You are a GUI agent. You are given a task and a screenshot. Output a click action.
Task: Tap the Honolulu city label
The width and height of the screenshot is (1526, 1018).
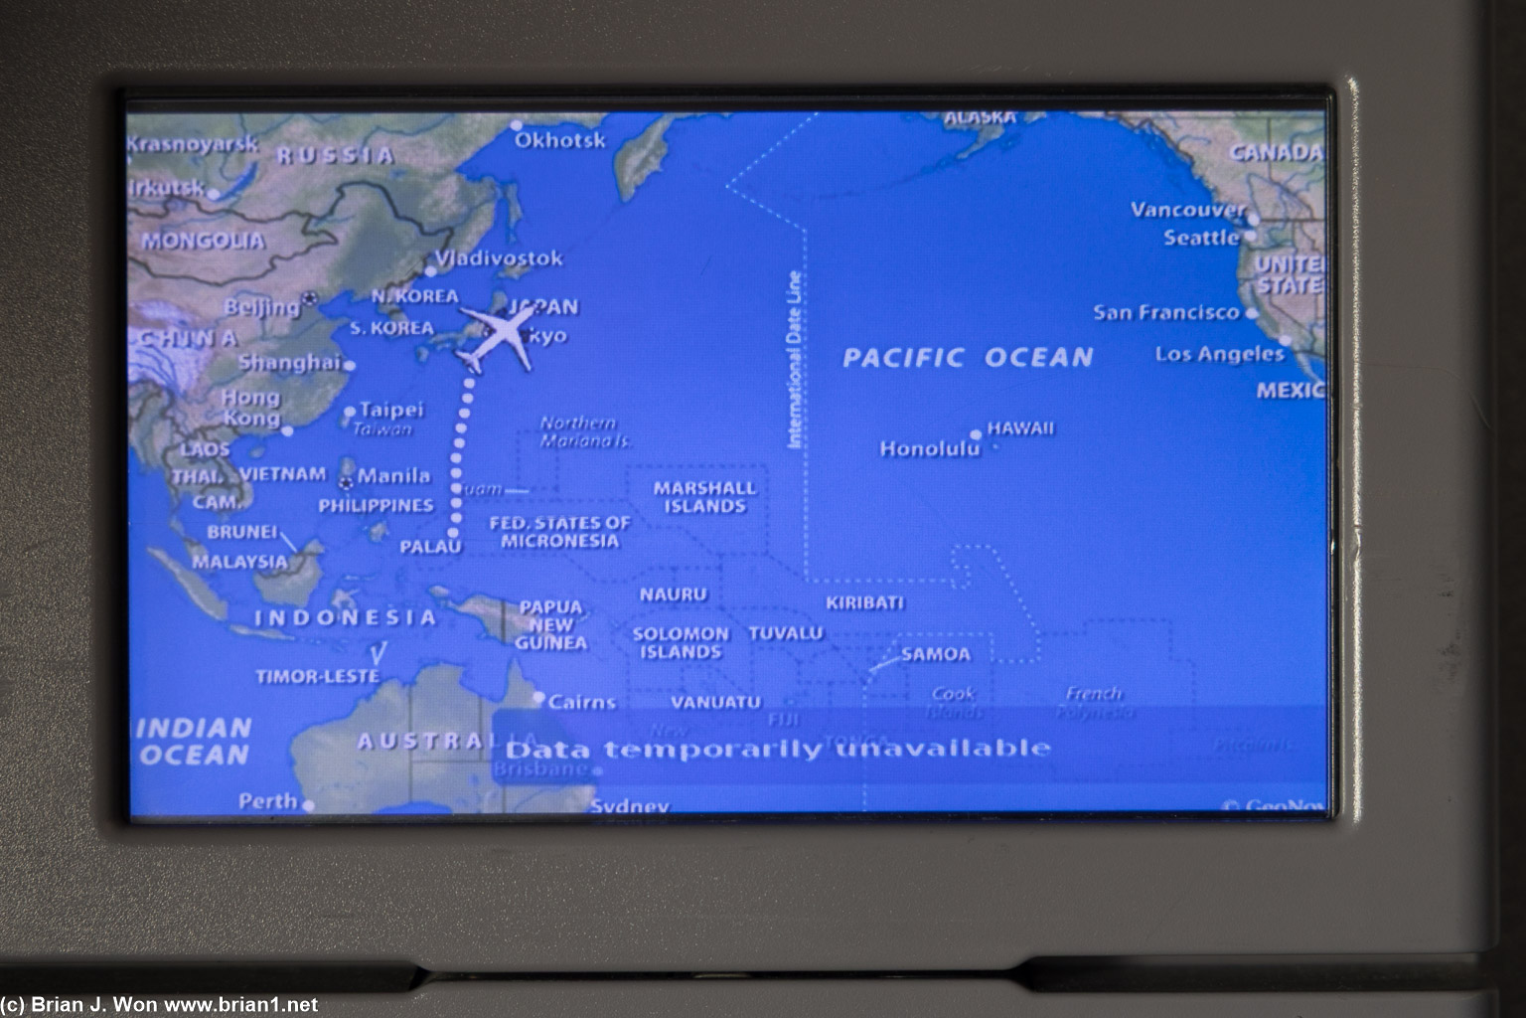(929, 449)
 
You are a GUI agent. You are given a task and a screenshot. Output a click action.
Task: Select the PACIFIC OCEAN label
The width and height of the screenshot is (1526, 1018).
(968, 357)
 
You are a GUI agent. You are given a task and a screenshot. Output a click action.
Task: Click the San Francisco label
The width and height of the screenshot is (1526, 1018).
(1166, 312)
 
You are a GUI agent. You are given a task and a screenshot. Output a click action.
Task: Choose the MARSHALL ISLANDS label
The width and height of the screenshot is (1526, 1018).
(704, 497)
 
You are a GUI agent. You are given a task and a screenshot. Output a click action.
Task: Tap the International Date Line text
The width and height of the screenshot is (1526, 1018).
(795, 360)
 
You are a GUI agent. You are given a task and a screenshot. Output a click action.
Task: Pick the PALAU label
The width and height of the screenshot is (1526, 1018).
(430, 547)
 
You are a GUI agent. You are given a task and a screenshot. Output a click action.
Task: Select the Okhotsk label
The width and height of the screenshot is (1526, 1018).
(559, 140)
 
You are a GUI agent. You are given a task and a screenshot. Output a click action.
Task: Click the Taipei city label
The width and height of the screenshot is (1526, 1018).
(390, 410)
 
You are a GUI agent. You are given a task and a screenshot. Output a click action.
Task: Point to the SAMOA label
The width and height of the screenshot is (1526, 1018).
(935, 654)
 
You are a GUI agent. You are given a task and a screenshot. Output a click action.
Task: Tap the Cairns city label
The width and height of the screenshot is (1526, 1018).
(582, 702)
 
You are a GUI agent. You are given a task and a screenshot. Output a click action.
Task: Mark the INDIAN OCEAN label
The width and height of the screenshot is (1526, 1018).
(193, 742)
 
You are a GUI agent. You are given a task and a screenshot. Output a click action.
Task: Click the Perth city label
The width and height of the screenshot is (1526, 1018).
(268, 801)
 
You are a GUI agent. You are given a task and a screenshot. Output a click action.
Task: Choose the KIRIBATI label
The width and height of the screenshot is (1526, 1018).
(864, 602)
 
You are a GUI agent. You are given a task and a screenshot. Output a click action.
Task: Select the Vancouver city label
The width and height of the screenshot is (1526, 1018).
(1187, 210)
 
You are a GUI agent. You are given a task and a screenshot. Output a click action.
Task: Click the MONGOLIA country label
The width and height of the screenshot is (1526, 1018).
(203, 241)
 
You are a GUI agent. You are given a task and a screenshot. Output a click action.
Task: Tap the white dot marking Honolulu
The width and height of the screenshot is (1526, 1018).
(977, 434)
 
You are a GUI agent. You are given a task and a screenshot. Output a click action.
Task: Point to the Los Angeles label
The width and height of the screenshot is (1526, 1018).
(1219, 354)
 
